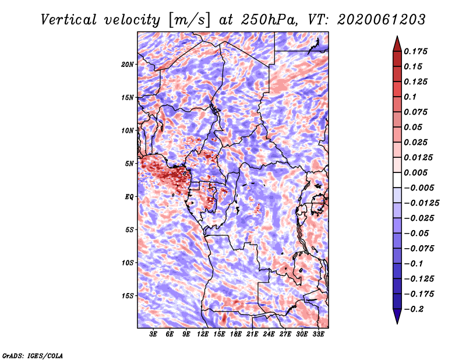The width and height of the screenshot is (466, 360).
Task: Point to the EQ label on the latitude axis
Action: [129, 197]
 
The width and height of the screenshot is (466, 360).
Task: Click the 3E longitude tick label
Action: [154, 334]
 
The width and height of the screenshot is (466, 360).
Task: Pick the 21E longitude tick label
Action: [252, 334]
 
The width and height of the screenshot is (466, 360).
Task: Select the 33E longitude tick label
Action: [318, 334]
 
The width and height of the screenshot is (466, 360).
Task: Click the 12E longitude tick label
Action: [203, 334]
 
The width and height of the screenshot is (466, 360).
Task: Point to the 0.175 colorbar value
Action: [418, 51]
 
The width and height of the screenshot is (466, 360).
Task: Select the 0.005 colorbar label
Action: [418, 172]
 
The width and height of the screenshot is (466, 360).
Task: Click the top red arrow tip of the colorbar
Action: [397, 38]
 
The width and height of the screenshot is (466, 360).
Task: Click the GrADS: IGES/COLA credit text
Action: [33, 354]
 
